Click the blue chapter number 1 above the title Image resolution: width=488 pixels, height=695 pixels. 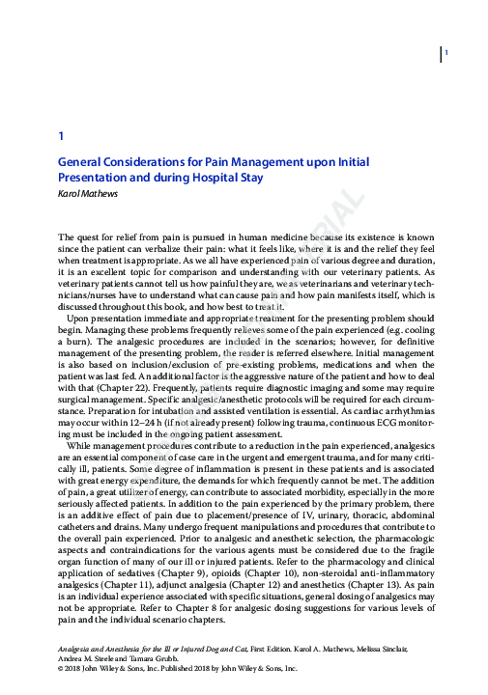click(61, 137)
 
